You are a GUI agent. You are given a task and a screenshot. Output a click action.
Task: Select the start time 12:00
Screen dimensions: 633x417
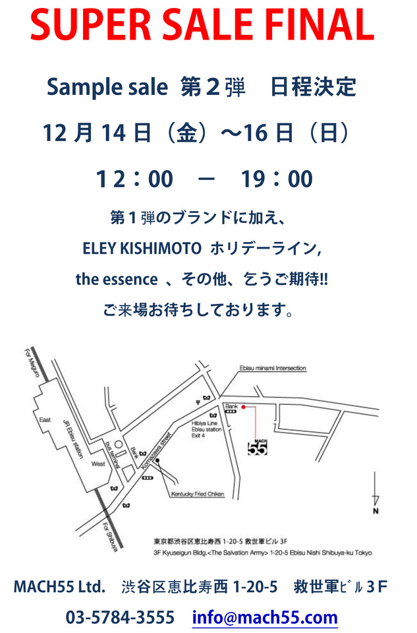(134, 179)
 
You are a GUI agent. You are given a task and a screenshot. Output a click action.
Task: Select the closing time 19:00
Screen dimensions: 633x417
(277, 179)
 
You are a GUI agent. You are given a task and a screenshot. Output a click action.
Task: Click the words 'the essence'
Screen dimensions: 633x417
(117, 279)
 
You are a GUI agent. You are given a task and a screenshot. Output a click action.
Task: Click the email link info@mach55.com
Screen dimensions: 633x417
(265, 618)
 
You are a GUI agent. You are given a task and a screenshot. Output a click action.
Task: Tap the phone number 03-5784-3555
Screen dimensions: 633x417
(120, 618)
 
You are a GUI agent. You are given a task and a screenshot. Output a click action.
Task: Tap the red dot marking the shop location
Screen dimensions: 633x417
(244, 407)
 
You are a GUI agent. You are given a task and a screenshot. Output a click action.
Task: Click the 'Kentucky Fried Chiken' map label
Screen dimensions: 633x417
(198, 493)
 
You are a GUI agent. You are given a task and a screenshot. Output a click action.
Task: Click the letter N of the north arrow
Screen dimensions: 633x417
(375, 510)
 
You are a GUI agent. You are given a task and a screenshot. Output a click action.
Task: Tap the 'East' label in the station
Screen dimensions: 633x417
(45, 419)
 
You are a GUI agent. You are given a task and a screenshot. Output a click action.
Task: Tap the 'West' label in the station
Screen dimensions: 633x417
(97, 464)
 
